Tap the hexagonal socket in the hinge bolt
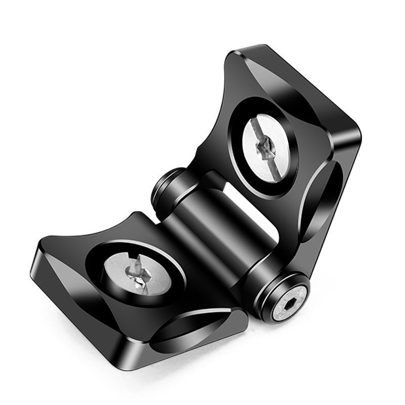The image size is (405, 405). tap(290, 306)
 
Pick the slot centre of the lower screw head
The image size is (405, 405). tap(139, 273)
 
